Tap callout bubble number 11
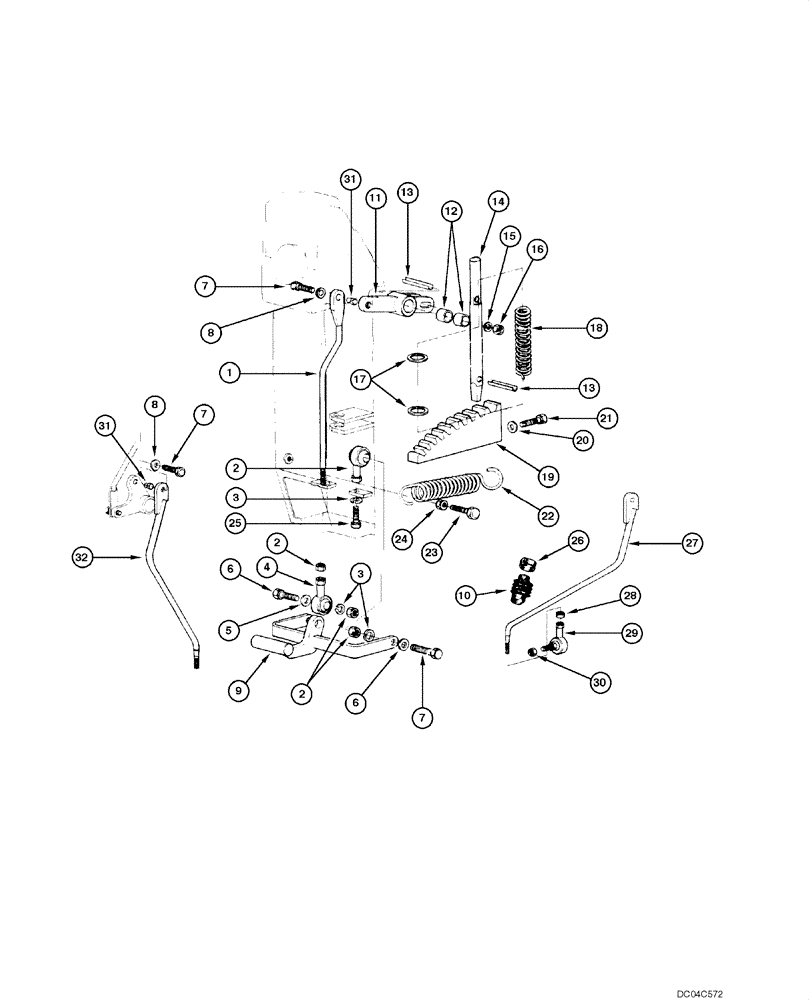tap(375, 199)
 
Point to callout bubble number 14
tap(497, 201)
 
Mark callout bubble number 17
tap(361, 380)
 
